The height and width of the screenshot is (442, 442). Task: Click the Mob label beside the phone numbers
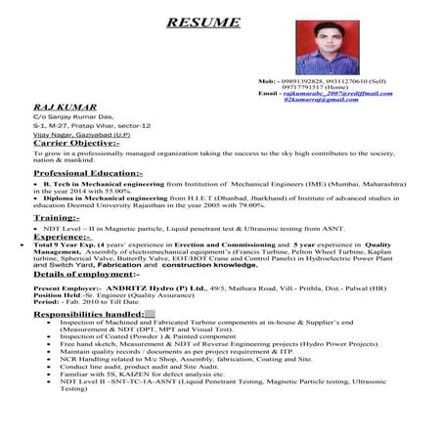pos(266,79)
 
